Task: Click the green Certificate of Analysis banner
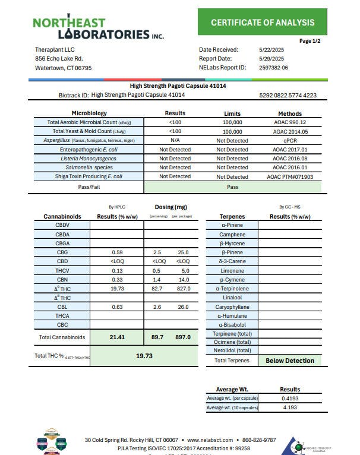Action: click(263, 23)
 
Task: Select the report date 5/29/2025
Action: click(271, 59)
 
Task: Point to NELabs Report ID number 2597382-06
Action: click(274, 68)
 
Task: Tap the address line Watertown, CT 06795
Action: click(64, 68)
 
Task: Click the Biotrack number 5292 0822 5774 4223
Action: click(288, 95)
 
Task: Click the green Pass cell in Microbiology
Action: click(232, 187)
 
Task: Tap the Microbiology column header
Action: click(89, 113)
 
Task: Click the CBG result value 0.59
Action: click(117, 252)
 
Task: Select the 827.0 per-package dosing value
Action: click(183, 289)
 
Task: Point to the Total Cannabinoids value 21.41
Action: click(117, 337)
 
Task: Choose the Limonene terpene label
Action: click(232, 271)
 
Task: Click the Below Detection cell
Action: click(290, 361)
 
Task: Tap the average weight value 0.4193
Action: click(290, 398)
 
